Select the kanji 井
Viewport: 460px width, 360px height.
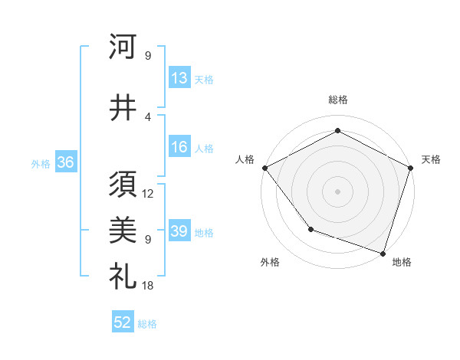tap(123, 108)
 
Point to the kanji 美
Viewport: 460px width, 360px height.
tap(123, 227)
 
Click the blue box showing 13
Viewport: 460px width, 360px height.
tap(179, 77)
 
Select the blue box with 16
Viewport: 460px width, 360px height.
tap(179, 147)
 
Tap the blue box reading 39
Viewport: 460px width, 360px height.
tap(179, 231)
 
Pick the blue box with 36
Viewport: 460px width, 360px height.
tap(65, 162)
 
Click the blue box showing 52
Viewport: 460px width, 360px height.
tap(123, 322)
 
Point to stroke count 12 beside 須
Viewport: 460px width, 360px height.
tap(148, 194)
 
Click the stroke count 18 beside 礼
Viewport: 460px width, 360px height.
tap(148, 286)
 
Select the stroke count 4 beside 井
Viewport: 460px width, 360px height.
tap(148, 116)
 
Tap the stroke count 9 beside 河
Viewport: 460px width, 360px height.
tap(148, 55)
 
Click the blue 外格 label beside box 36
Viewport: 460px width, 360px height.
tap(41, 163)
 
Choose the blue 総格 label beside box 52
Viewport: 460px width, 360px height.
tap(147, 323)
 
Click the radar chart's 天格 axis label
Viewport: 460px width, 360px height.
tap(431, 159)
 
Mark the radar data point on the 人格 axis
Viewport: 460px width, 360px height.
tap(264, 168)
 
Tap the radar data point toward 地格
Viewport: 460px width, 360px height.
tap(383, 252)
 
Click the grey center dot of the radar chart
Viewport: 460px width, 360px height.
tap(337, 191)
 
